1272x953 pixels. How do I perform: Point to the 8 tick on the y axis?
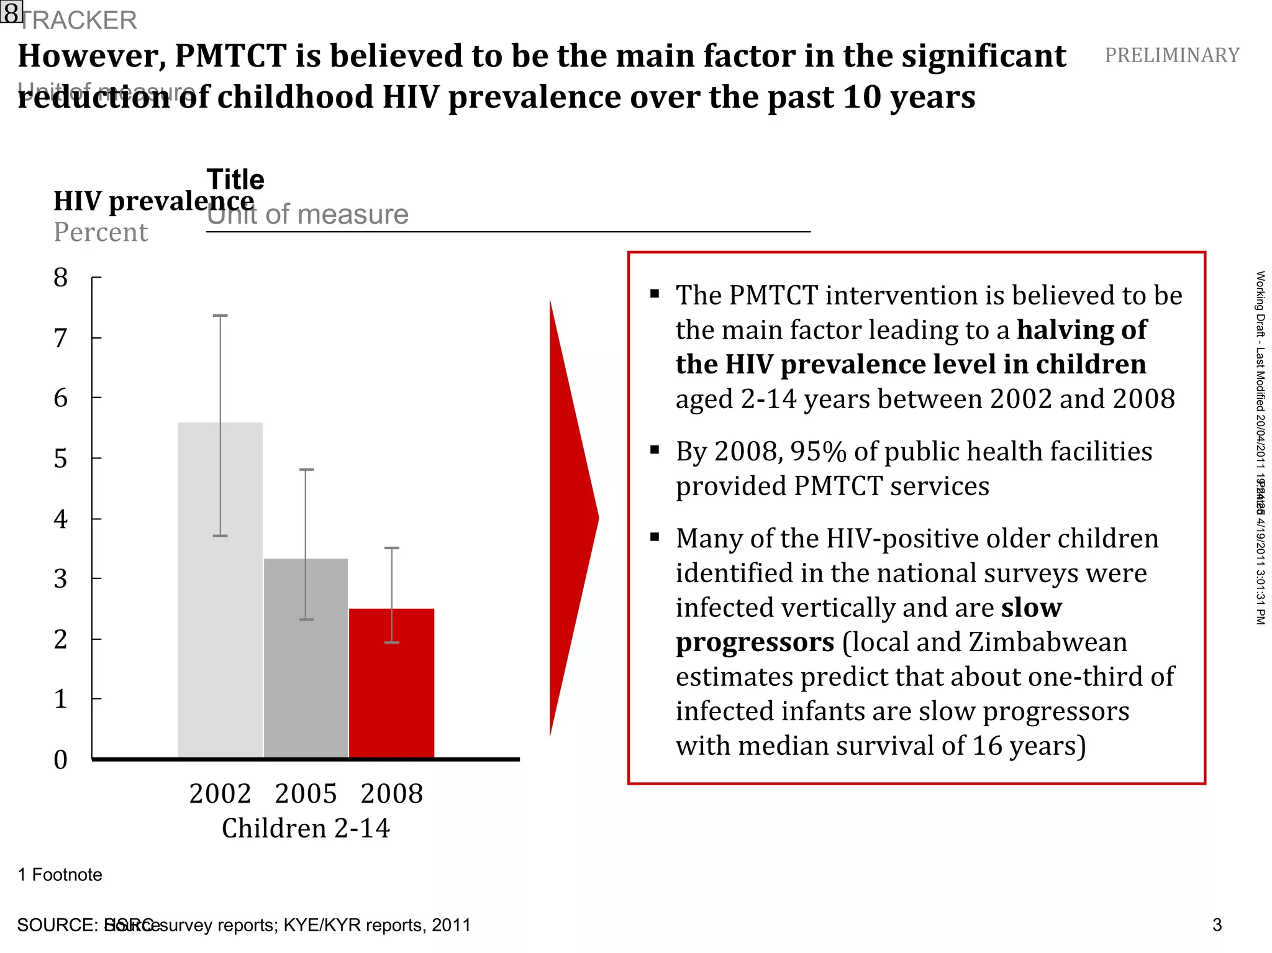60,278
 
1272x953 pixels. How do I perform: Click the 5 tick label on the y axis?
60,459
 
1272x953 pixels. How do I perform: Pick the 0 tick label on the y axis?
60,760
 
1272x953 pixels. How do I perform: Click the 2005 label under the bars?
306,794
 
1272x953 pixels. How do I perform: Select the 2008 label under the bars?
391,794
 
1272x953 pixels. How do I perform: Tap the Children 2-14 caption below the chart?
306,828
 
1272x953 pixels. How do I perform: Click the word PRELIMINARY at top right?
1172,55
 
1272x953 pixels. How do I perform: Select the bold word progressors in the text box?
755,642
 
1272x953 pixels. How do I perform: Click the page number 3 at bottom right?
1217,925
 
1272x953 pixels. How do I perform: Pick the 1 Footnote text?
60,875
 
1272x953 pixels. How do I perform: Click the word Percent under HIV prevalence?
101,232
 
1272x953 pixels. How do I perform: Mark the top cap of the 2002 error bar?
220,316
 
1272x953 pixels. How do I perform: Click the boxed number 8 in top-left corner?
11,12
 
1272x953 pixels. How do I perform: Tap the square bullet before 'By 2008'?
655,450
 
